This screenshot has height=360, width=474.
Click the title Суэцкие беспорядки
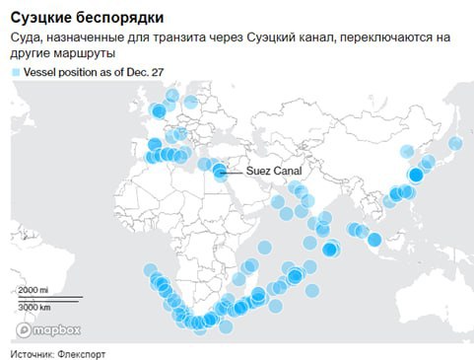click(88, 19)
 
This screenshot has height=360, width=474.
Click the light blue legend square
click(15, 74)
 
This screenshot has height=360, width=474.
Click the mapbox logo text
click(50, 329)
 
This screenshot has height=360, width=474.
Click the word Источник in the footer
click(34, 352)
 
